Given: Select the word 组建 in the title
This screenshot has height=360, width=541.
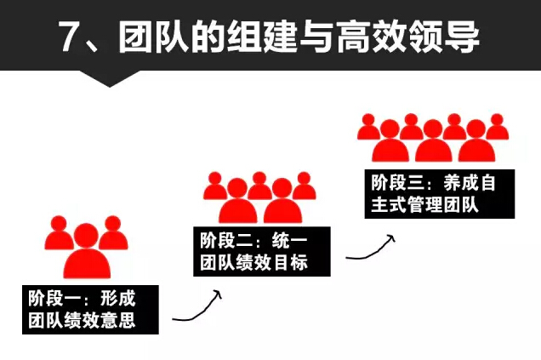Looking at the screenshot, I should click(x=276, y=37).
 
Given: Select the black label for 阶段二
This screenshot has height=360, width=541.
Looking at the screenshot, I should click(x=259, y=251).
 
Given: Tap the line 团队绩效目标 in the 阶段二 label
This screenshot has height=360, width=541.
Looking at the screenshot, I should click(x=253, y=262).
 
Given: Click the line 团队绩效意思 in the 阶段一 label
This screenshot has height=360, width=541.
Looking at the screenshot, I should click(x=82, y=320).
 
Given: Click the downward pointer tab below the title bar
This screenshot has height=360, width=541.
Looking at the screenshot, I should click(x=111, y=78).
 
